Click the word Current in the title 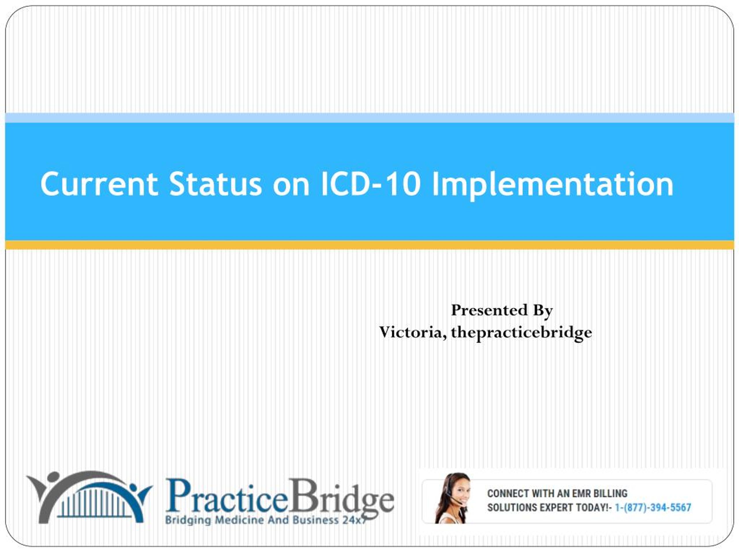click(99, 184)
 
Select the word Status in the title click(215, 184)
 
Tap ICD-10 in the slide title click(370, 184)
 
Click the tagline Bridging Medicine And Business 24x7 click(266, 520)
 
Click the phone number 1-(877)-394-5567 click(653, 508)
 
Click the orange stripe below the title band click(369, 245)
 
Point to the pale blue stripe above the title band click(369, 118)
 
